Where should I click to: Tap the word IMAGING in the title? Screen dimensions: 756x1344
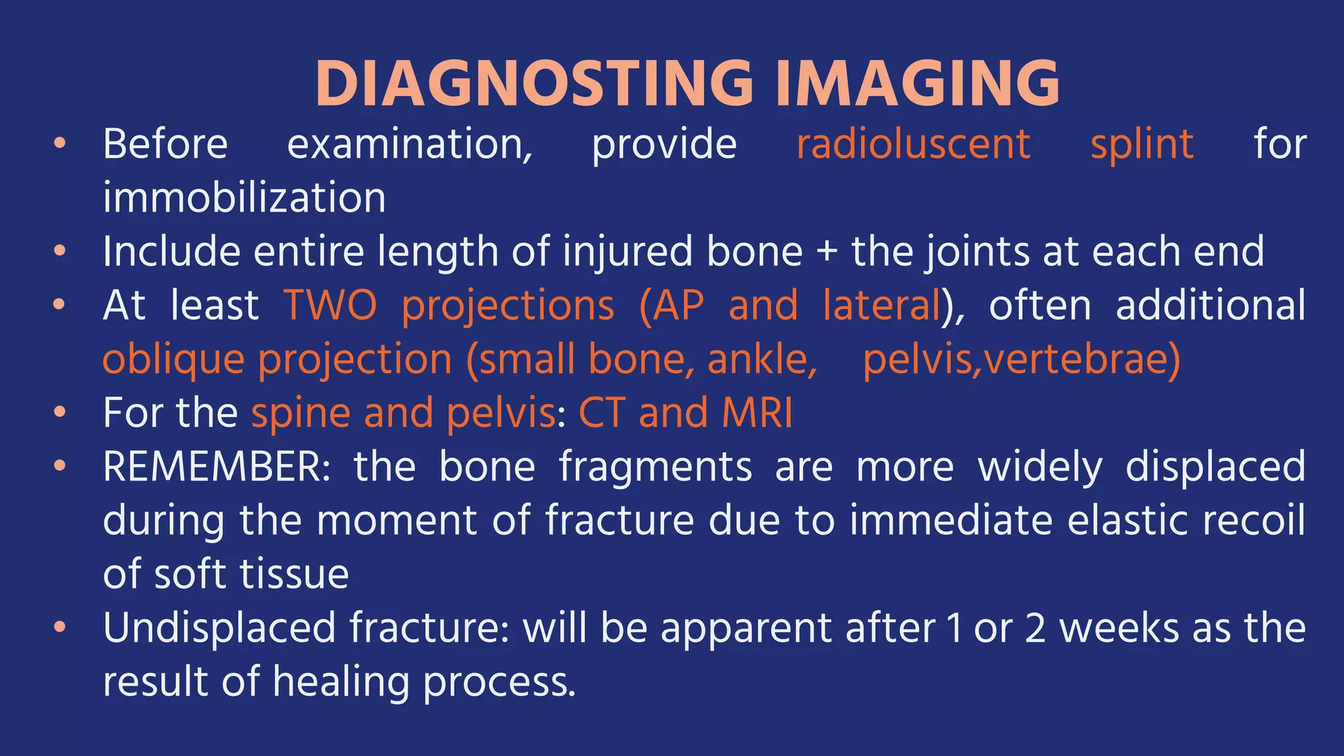click(917, 83)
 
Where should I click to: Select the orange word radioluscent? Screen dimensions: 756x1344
click(913, 144)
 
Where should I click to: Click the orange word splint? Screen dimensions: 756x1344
click(1142, 144)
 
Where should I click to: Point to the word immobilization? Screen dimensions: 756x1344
click(244, 198)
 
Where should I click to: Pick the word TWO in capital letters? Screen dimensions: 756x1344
click(331, 306)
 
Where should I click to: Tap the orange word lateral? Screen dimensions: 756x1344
click(882, 306)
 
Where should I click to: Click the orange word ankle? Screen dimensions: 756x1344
click(761, 360)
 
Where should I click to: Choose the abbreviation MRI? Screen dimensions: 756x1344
click(757, 413)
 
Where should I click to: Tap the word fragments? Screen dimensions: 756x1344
click(655, 467)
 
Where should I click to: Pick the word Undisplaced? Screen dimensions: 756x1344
click(219, 628)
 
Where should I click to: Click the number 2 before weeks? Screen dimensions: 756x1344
click(1035, 628)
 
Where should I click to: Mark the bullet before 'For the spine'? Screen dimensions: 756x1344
click(60, 413)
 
